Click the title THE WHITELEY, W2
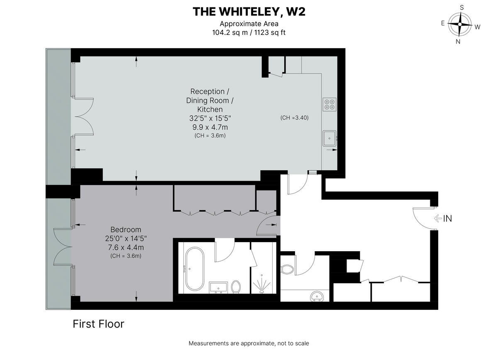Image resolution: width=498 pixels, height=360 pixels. (249, 12)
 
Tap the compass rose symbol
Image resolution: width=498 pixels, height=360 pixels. (460, 24)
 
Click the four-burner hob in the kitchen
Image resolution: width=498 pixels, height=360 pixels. (330, 104)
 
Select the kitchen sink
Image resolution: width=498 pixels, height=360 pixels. (330, 137)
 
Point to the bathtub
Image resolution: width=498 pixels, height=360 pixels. (195, 269)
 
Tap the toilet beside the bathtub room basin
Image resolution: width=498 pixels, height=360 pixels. (237, 287)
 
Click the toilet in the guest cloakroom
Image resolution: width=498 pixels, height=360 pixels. (287, 269)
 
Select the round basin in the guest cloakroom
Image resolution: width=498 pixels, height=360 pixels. (318, 296)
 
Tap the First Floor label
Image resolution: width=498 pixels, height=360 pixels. (98, 324)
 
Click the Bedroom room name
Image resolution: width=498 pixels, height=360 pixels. (126, 230)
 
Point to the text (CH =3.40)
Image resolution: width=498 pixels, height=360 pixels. (295, 118)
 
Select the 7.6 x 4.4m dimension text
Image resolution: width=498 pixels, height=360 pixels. (126, 247)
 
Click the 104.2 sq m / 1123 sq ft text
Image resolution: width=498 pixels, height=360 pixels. (249, 32)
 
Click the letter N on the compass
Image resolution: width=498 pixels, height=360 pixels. (458, 41)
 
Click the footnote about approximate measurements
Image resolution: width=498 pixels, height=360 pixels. (249, 343)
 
